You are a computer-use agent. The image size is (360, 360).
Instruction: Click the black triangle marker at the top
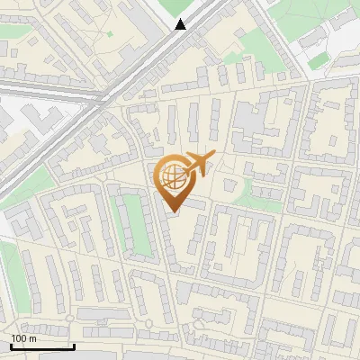pos(181,24)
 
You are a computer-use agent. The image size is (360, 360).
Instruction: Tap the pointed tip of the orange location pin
pos(173,211)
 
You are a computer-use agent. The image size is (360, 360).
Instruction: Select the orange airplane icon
pos(199,165)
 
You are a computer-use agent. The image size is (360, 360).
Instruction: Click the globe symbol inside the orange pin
pos(172,175)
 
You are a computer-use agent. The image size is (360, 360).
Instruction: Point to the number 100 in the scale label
pos(19,338)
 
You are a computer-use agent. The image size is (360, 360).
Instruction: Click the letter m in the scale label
pos(33,338)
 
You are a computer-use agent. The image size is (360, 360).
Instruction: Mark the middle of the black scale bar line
pos(42,346)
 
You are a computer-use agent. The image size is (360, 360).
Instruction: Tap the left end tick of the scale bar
pos(11,345)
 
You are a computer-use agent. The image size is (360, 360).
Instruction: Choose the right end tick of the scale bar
pos(74,345)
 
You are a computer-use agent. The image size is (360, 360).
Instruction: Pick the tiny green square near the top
pos(110,34)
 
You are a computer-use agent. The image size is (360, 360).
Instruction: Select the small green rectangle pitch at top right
pos(316,64)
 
